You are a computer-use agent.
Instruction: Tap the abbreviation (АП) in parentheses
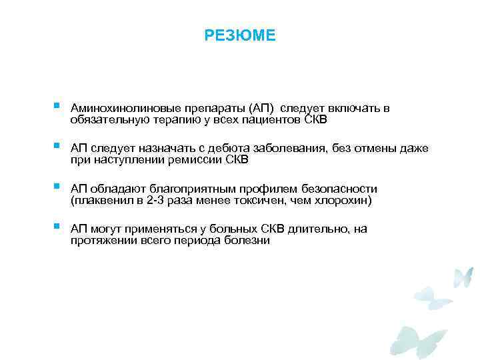261,109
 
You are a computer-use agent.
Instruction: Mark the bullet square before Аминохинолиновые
58,105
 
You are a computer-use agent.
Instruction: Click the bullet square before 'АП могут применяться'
58,226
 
